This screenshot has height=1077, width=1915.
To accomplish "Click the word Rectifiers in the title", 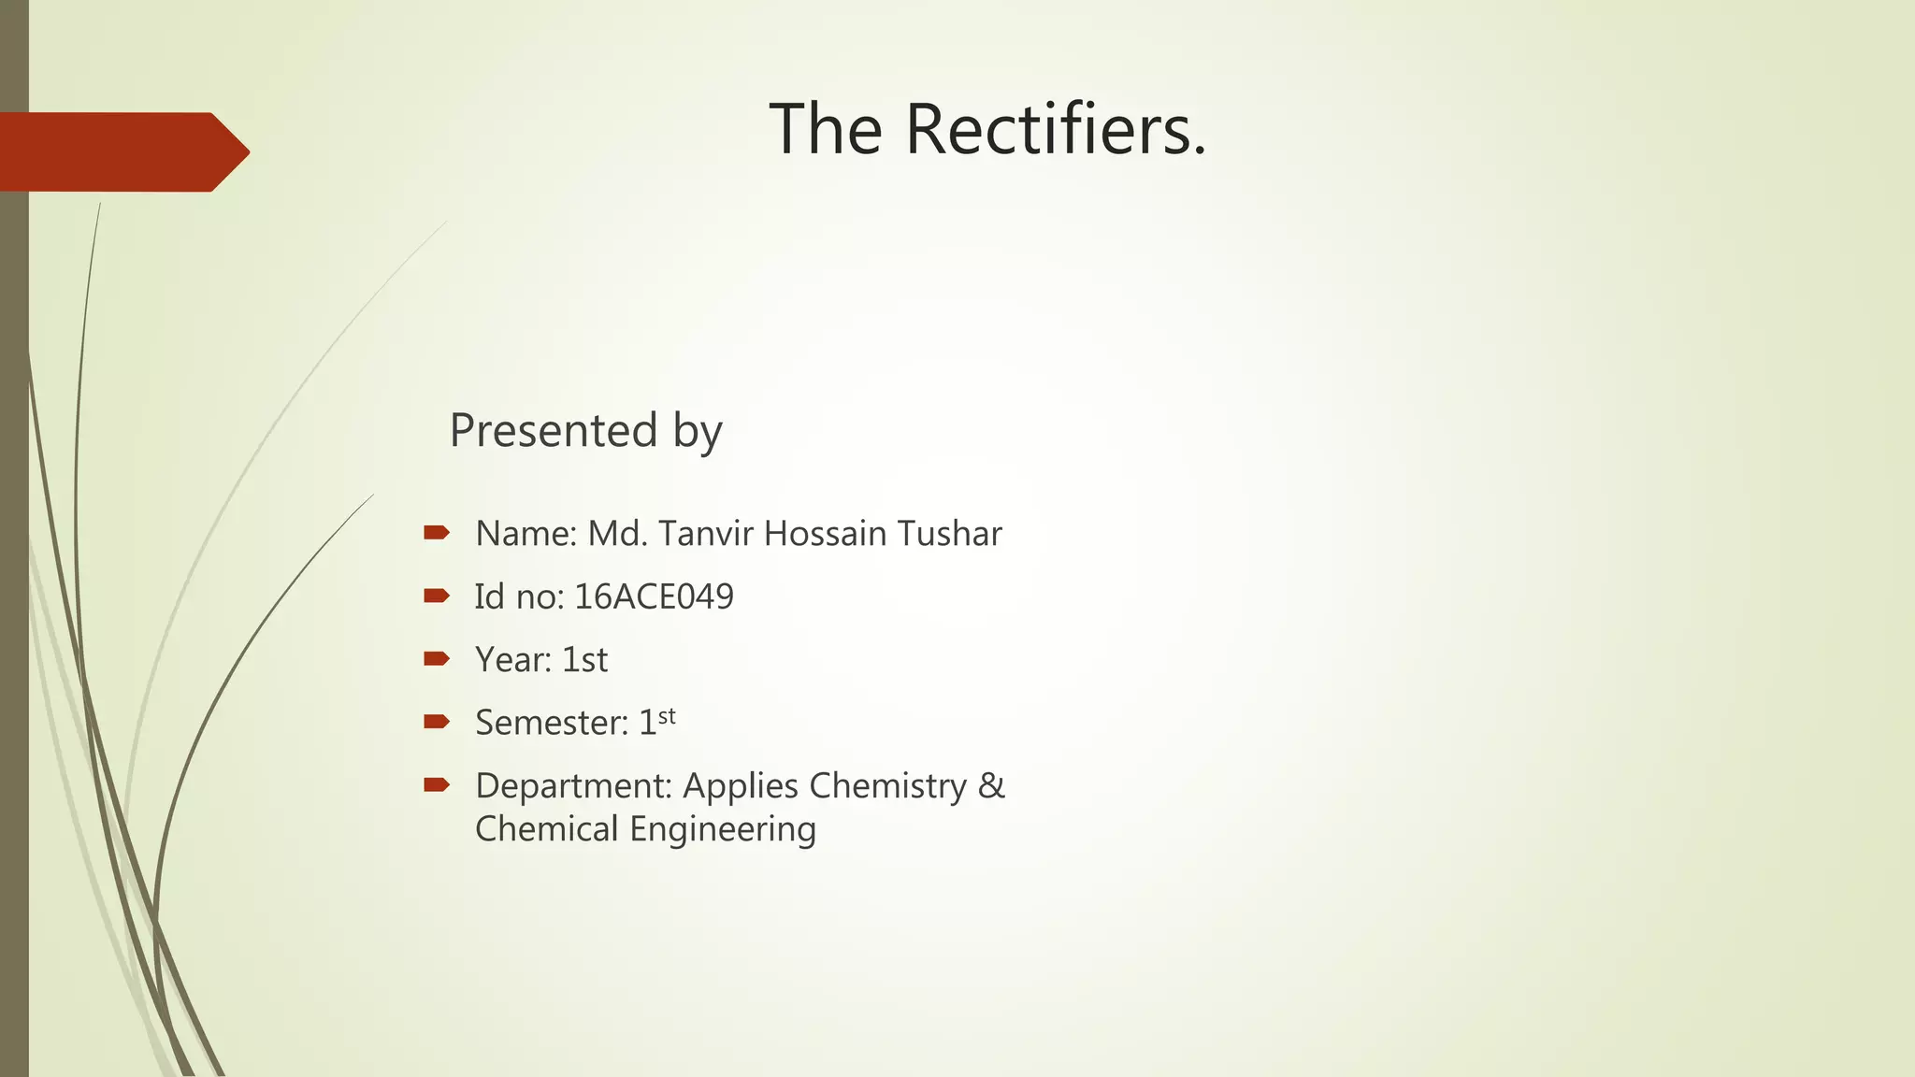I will pyautogui.click(x=1056, y=129).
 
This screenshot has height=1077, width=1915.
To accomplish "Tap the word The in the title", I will pyautogui.click(x=826, y=129).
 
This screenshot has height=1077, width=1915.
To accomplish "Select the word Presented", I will pyautogui.click(x=554, y=431).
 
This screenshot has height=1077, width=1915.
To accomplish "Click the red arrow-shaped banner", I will pyautogui.click(x=122, y=151).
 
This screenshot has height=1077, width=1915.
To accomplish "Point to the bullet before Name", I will pyautogui.click(x=436, y=533).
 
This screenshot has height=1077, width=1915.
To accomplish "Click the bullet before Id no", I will pyautogui.click(x=436, y=596).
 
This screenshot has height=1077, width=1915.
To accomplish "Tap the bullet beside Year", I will pyautogui.click(x=436, y=659).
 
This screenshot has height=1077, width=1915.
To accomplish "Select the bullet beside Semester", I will pyautogui.click(x=436, y=722).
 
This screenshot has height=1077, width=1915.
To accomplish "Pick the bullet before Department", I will pyautogui.click(x=436, y=784).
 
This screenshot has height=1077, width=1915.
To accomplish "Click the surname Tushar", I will pyautogui.click(x=949, y=534).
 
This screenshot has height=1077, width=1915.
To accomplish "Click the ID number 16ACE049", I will pyautogui.click(x=654, y=596).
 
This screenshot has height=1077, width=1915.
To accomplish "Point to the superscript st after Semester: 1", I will pyautogui.click(x=667, y=717).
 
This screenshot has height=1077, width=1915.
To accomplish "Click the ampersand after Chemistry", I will pyautogui.click(x=991, y=785).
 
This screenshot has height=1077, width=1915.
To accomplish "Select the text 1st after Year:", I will pyautogui.click(x=584, y=660).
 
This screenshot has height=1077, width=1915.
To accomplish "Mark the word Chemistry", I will pyautogui.click(x=887, y=786).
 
